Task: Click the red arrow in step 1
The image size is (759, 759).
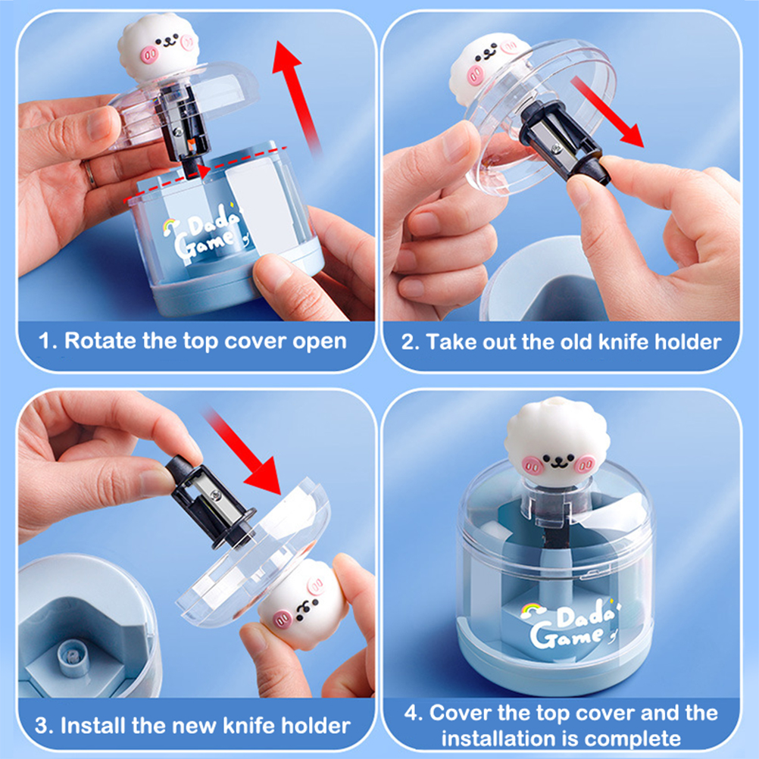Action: pos(296,97)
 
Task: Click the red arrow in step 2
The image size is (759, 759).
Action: pos(607,112)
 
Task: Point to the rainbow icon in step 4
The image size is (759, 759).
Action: pos(532,611)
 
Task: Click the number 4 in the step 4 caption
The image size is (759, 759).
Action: pos(411,714)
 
